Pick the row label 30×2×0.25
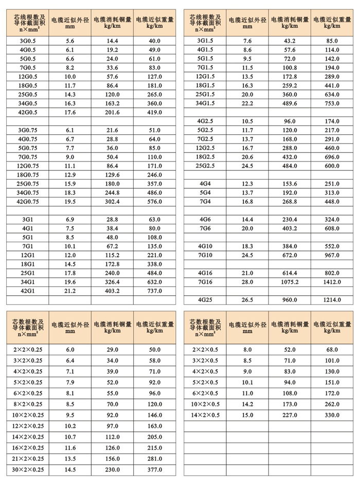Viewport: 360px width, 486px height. (27, 470)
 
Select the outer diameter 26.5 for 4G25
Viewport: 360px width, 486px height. (247, 300)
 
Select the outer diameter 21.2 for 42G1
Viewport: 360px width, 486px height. (70, 291)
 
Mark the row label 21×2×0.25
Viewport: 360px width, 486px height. (27, 459)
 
